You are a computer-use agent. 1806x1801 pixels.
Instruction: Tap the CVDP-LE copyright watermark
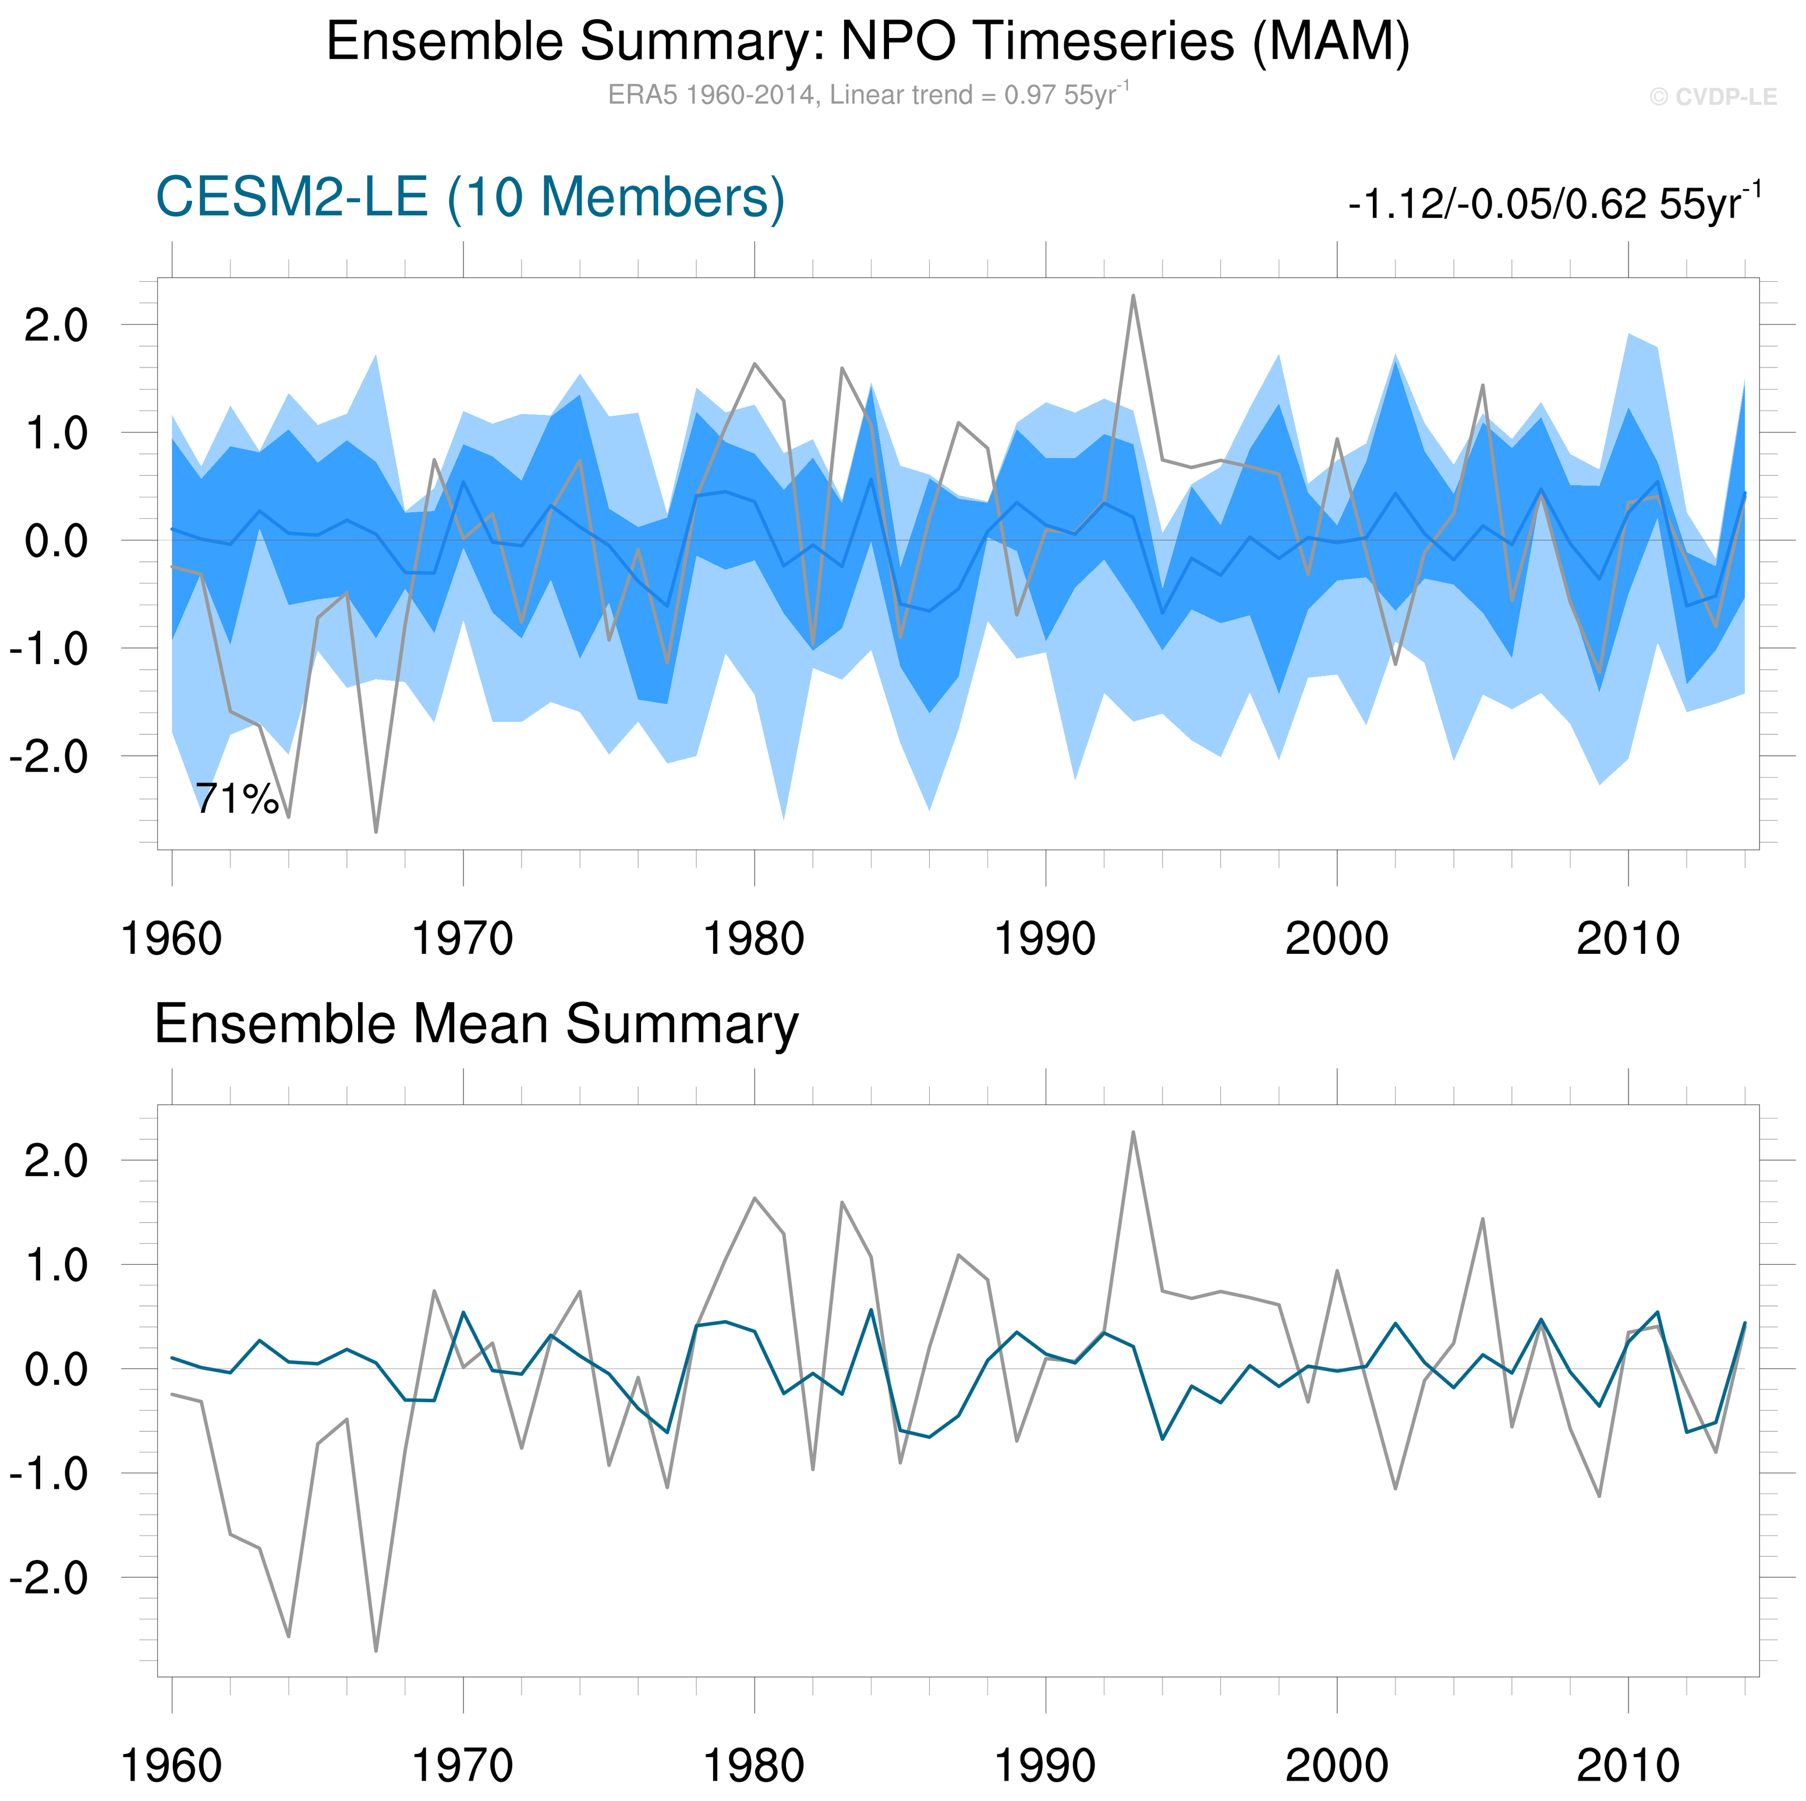click(1712, 97)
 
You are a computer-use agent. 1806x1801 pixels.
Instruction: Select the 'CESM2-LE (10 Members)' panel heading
click(470, 198)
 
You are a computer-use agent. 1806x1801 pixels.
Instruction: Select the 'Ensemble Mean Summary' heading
click(476, 1025)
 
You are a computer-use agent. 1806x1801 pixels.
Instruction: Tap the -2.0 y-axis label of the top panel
click(48, 756)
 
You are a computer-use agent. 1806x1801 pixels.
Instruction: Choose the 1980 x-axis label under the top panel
click(753, 939)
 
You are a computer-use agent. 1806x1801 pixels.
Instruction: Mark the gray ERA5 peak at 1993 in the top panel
click(1133, 296)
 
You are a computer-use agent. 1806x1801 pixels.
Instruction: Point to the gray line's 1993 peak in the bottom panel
click(1133, 1133)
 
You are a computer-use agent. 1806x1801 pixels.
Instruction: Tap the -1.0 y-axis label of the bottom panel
click(48, 1475)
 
